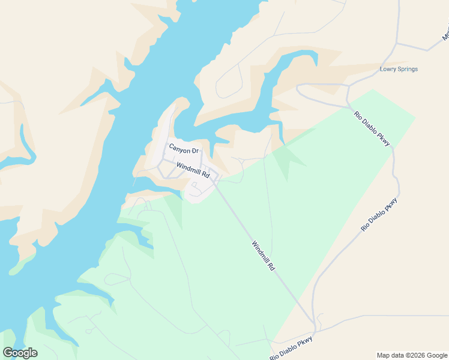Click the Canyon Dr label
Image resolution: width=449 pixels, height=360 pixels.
pyautogui.click(x=183, y=148)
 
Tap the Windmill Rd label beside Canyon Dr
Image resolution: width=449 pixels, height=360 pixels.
pyautogui.click(x=193, y=170)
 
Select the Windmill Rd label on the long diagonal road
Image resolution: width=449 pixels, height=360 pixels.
pyautogui.click(x=263, y=256)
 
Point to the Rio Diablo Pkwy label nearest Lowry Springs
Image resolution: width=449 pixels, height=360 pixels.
pyautogui.click(x=372, y=128)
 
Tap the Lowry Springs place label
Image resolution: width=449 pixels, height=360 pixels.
pyautogui.click(x=399, y=69)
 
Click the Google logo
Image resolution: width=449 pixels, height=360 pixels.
pyautogui.click(x=20, y=353)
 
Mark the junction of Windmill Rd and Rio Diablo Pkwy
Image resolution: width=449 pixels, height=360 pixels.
pyautogui.click(x=315, y=332)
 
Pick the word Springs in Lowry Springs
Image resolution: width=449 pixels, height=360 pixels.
pyautogui.click(x=408, y=69)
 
